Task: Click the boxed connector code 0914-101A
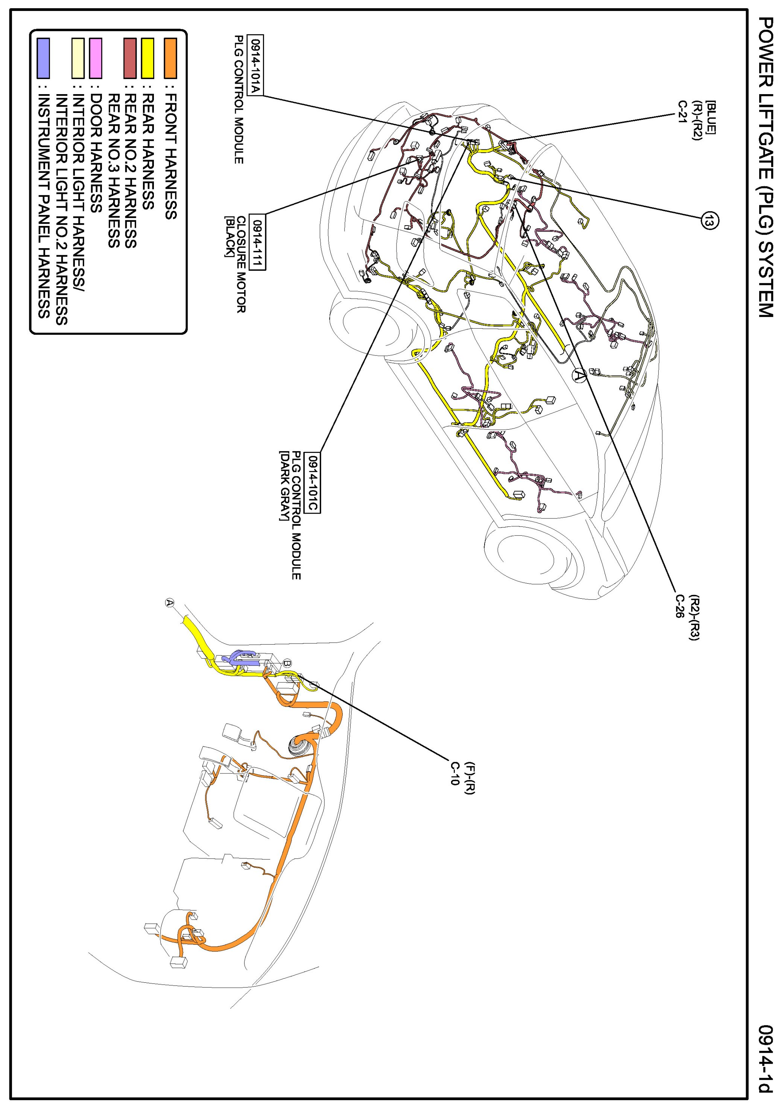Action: coord(255,65)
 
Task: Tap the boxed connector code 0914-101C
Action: coord(314,483)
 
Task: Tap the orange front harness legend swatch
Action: coord(170,58)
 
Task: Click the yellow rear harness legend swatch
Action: coord(147,58)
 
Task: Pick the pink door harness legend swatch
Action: coord(96,58)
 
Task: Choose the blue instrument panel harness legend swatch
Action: coord(43,58)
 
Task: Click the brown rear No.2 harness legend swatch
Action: coord(129,58)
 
